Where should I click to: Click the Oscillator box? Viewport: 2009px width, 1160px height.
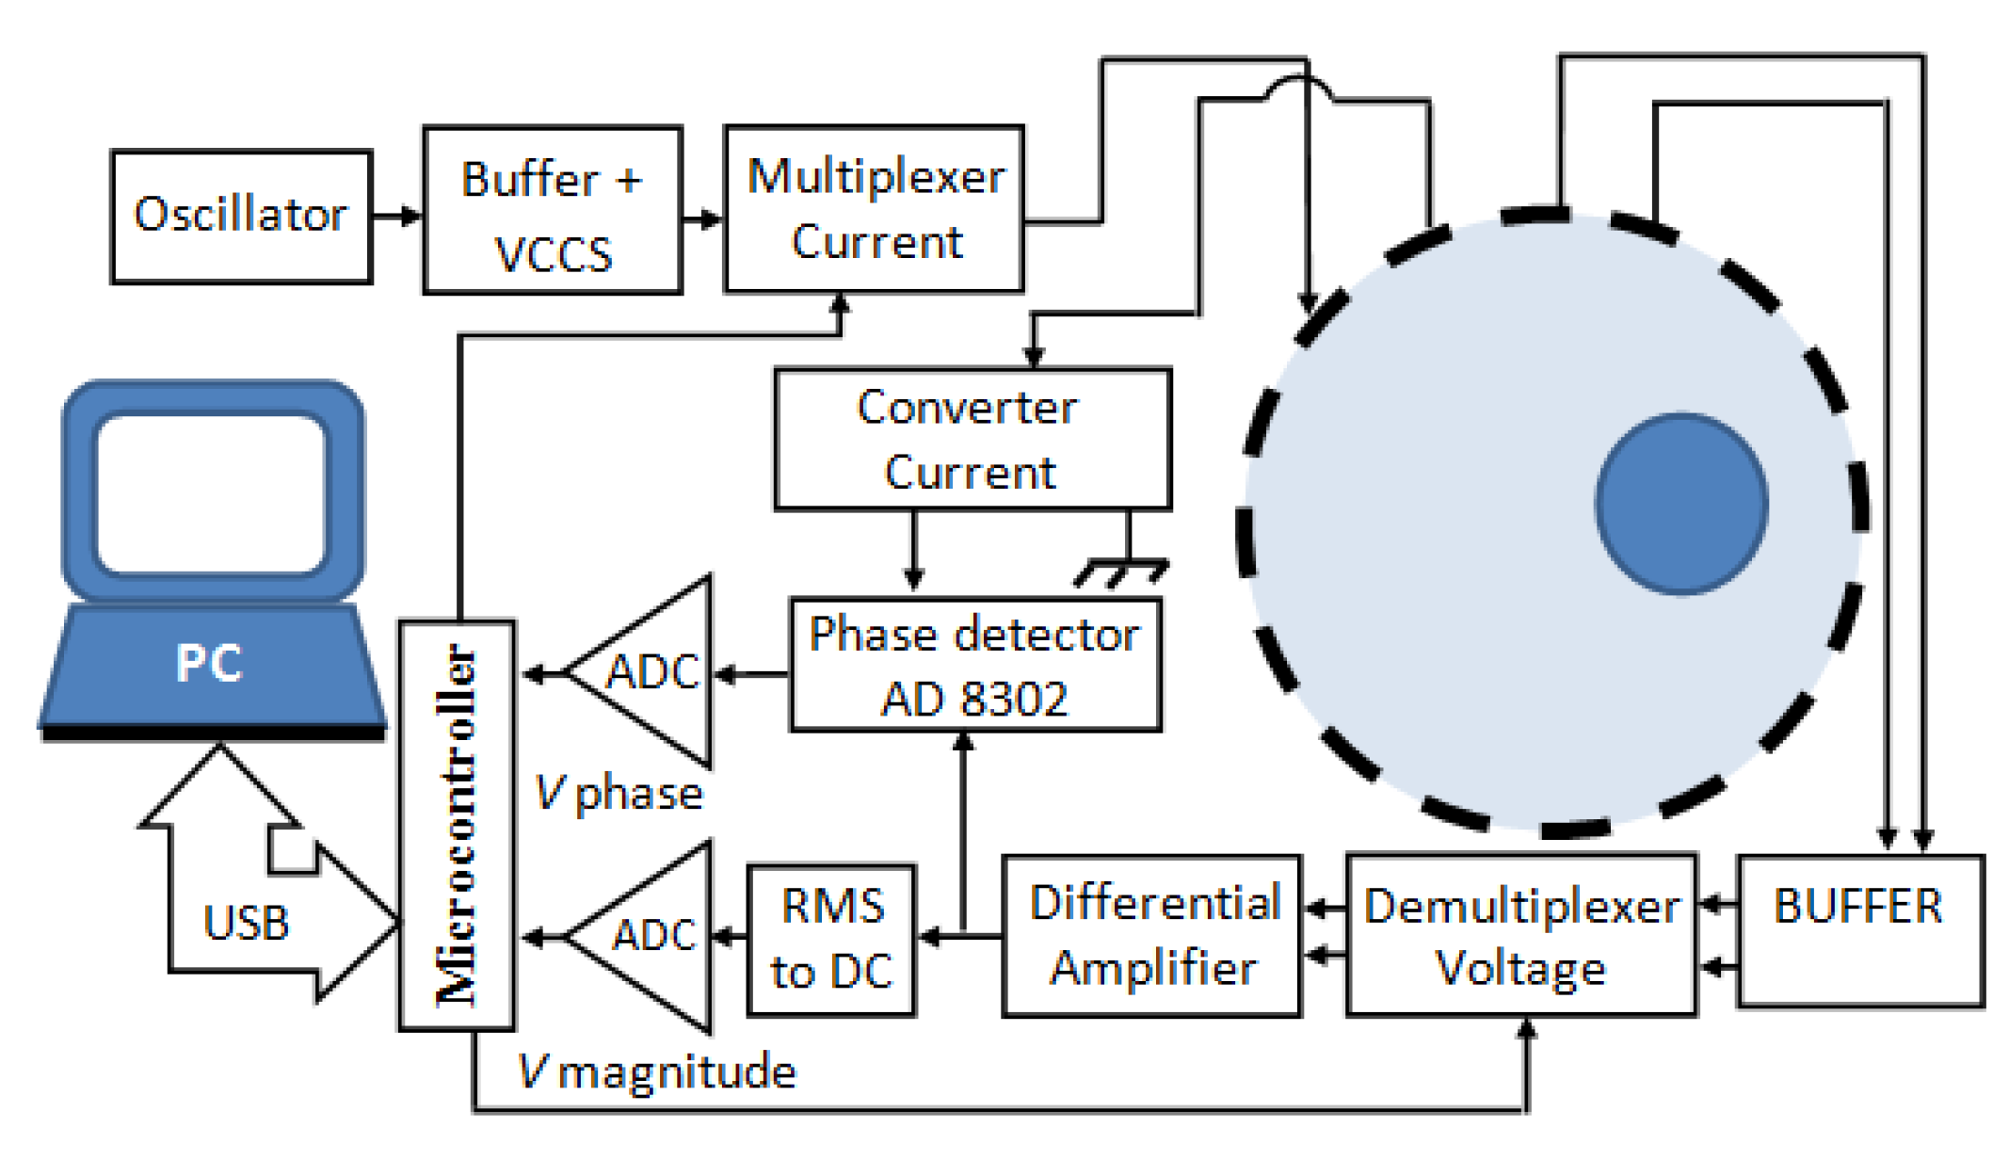(241, 216)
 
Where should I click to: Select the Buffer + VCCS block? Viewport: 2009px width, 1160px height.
(553, 211)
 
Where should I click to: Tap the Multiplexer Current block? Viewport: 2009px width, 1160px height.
(874, 209)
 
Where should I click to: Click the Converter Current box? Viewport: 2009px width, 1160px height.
(972, 439)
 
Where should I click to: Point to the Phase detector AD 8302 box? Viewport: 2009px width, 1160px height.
(975, 665)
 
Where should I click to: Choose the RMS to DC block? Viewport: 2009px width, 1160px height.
(830, 939)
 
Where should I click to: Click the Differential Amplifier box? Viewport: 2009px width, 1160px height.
(1152, 936)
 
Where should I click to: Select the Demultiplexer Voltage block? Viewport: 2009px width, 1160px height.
(1521, 936)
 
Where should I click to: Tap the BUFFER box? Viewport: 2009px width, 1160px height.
(1859, 930)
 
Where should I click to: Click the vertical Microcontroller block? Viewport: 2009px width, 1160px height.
(458, 825)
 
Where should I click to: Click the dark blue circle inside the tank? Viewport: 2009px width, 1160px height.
(1681, 504)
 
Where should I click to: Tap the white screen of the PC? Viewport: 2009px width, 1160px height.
(212, 493)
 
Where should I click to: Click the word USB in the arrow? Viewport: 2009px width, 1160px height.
(246, 923)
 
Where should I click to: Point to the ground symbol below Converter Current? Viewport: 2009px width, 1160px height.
(1122, 569)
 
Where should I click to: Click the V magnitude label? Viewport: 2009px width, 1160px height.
(657, 1071)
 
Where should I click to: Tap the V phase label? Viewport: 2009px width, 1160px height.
(619, 793)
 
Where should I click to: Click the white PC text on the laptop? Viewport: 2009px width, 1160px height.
(209, 663)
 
